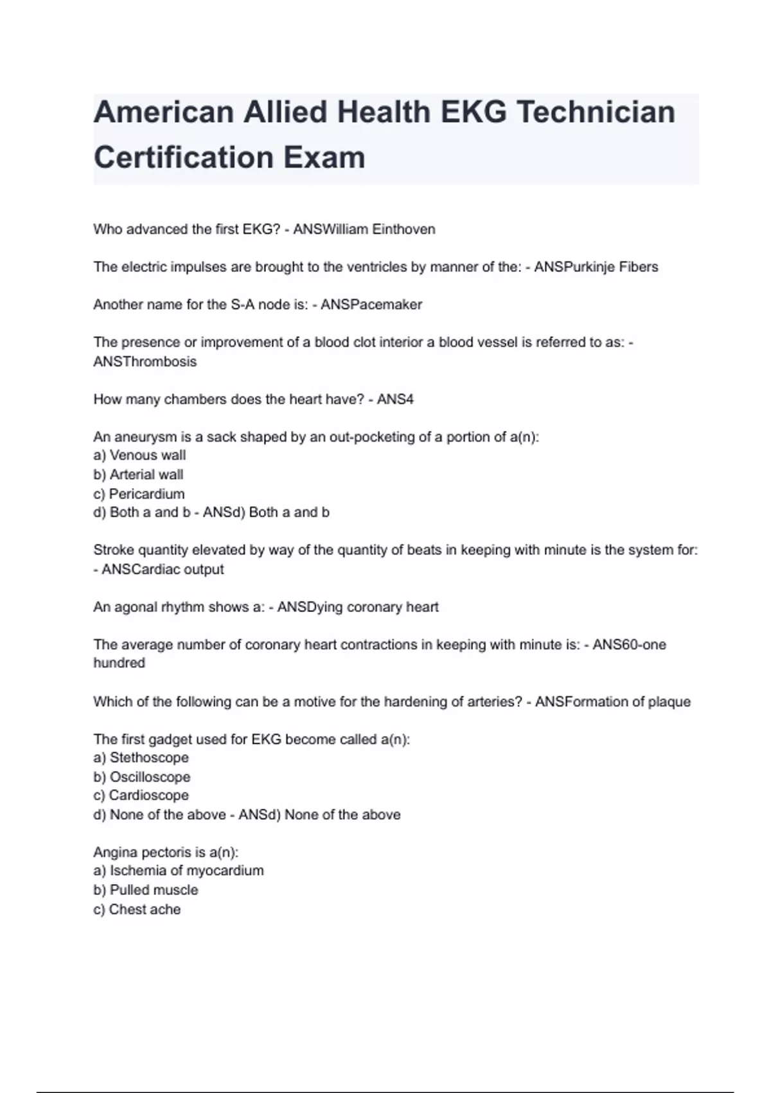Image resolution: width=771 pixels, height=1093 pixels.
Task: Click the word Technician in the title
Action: click(x=596, y=113)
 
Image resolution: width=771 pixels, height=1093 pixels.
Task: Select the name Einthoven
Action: click(x=403, y=230)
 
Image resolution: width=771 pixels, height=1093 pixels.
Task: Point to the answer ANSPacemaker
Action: click(x=371, y=305)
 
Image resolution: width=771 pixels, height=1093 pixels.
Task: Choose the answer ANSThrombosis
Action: click(x=145, y=361)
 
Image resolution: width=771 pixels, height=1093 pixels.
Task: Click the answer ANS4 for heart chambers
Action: click(x=395, y=399)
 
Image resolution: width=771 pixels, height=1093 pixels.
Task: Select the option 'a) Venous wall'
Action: click(x=139, y=455)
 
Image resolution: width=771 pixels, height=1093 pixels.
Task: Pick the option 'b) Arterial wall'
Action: click(x=138, y=474)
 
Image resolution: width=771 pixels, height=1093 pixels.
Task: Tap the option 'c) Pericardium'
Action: click(x=139, y=494)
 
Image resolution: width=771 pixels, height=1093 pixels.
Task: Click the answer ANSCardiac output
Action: click(x=163, y=569)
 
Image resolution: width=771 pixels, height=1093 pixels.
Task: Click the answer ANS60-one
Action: click(x=629, y=644)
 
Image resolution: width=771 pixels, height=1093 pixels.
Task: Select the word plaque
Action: click(x=669, y=701)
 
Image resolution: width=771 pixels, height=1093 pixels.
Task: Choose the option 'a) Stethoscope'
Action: click(x=141, y=757)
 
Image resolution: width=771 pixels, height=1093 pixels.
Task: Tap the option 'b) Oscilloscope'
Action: click(x=142, y=777)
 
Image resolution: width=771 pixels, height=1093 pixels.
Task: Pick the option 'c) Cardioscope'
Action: click(x=141, y=795)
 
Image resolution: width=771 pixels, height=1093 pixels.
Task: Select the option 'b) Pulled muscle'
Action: click(x=146, y=890)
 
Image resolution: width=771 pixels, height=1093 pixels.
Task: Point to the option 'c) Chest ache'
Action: click(x=137, y=909)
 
